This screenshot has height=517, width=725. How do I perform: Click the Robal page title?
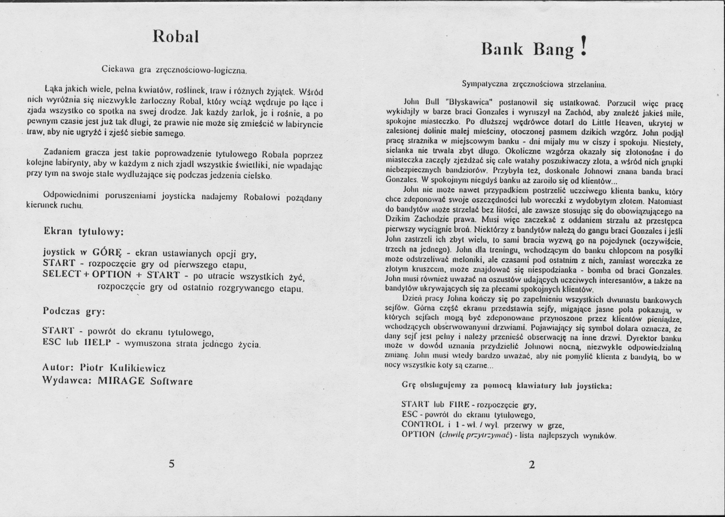[176, 37]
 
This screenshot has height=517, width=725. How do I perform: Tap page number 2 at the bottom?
[531, 465]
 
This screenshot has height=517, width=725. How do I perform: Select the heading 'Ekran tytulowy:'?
[83, 232]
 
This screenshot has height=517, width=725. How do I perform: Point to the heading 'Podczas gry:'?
[74, 311]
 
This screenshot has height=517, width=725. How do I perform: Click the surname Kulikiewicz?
[137, 368]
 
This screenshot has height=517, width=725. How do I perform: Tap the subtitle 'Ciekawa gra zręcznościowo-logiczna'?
[174, 70]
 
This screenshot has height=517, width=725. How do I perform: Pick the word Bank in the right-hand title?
[502, 50]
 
